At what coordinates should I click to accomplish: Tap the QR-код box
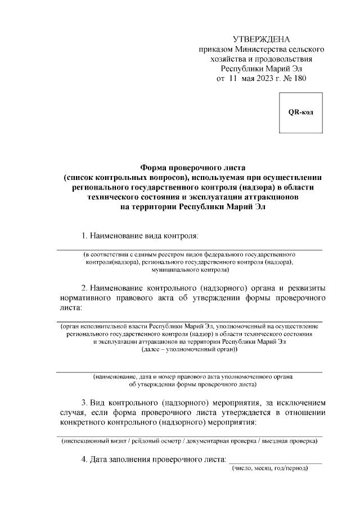tap(301, 111)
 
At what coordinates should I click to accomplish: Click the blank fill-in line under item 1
tap(188, 248)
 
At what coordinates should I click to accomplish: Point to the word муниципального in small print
tap(165, 271)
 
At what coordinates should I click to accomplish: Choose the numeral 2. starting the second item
tap(84, 288)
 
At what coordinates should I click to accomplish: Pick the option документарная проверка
tap(214, 442)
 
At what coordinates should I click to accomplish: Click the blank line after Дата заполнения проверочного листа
tap(277, 462)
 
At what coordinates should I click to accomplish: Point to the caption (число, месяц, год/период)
tap(269, 469)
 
